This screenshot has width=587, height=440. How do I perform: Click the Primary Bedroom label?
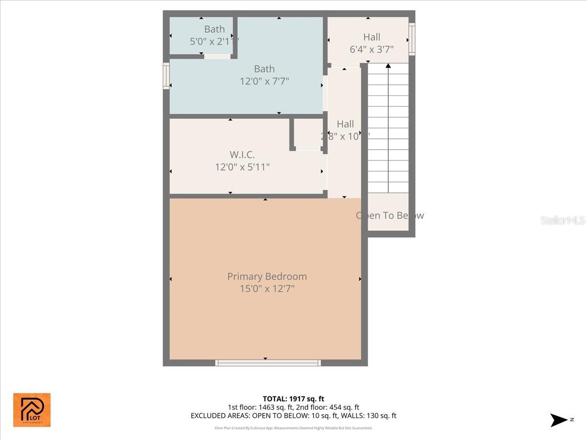coord(267,276)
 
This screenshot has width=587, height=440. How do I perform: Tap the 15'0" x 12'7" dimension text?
coord(267,289)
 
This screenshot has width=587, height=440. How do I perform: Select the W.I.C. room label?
coord(242,154)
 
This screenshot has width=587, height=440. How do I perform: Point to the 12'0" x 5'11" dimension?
coord(242,167)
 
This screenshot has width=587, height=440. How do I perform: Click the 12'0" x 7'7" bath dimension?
coord(264,81)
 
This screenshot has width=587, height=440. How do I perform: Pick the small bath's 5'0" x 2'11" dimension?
coord(214,42)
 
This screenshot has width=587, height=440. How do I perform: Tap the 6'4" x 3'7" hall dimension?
coord(372,49)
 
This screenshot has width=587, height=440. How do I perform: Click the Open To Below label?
coord(389,215)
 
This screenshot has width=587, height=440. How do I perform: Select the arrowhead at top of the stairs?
coord(388,65)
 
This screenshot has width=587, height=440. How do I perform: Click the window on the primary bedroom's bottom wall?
coord(268,363)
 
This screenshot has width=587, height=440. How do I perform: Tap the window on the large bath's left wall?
coord(166,76)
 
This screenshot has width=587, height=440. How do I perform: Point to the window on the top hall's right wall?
coord(412,39)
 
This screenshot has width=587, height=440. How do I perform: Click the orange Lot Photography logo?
coord(32,410)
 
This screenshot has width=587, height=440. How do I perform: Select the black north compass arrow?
coord(559,420)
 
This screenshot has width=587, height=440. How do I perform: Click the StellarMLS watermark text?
coord(562,220)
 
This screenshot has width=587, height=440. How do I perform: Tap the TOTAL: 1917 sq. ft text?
coord(293,399)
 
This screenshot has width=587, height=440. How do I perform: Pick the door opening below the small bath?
coord(217,57)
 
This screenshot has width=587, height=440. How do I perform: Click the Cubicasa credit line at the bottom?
coord(293,428)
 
